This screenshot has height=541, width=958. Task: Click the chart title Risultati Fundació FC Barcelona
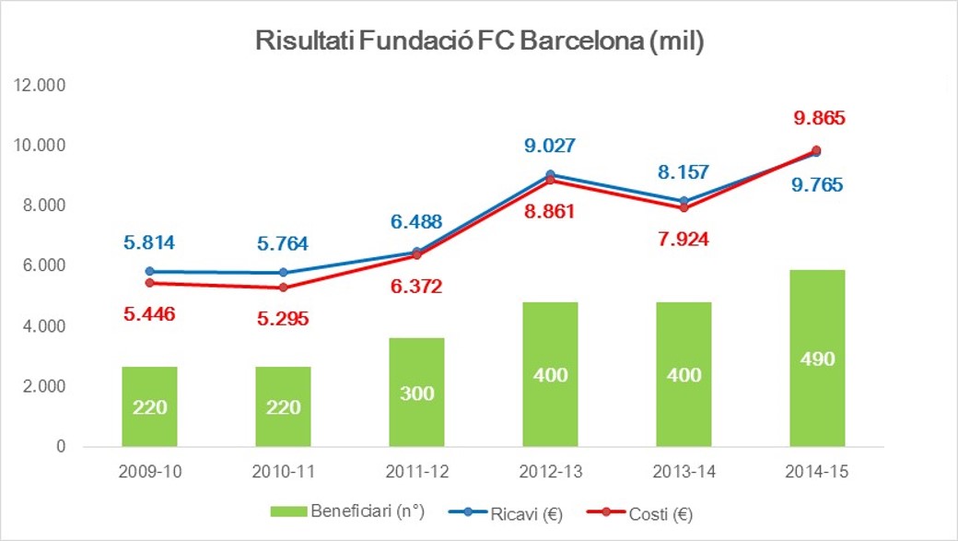479,42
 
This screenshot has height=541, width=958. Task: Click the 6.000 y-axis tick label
41,265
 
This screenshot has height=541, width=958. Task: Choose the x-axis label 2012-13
551,471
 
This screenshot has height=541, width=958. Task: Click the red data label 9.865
819,118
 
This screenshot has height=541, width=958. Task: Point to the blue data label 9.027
555,145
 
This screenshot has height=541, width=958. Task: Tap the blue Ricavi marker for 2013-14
683,201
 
